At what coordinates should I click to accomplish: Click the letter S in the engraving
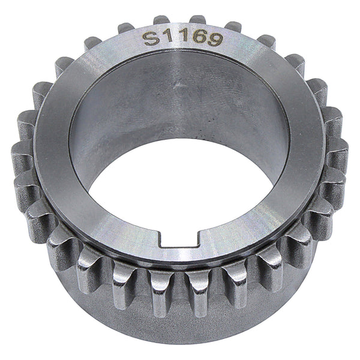tap(151, 38)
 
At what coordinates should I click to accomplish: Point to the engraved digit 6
tap(200, 37)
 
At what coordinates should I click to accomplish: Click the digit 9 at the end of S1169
tap(216, 39)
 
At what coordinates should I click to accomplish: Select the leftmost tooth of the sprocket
tap(21, 154)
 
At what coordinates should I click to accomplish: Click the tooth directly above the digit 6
tap(197, 19)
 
